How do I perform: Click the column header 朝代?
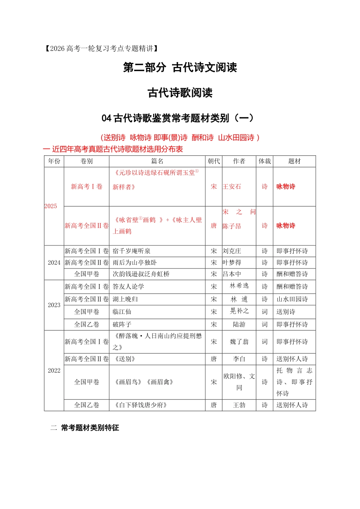(214, 161)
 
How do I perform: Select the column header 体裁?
(265, 161)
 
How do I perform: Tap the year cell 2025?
(51, 206)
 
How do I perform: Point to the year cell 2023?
(54, 305)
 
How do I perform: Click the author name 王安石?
(232, 187)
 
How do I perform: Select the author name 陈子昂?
(232, 226)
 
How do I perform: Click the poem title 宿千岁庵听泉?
(131, 251)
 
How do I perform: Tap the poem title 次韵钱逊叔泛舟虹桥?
(141, 274)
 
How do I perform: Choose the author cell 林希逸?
(239, 286)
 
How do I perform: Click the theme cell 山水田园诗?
(292, 299)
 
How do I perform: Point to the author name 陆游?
(239, 325)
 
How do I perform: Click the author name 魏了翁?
(239, 342)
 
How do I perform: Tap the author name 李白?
(239, 359)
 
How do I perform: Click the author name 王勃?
(239, 405)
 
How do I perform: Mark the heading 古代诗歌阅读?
(180, 93)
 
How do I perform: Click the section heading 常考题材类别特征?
(90, 428)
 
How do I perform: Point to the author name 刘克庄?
(232, 251)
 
